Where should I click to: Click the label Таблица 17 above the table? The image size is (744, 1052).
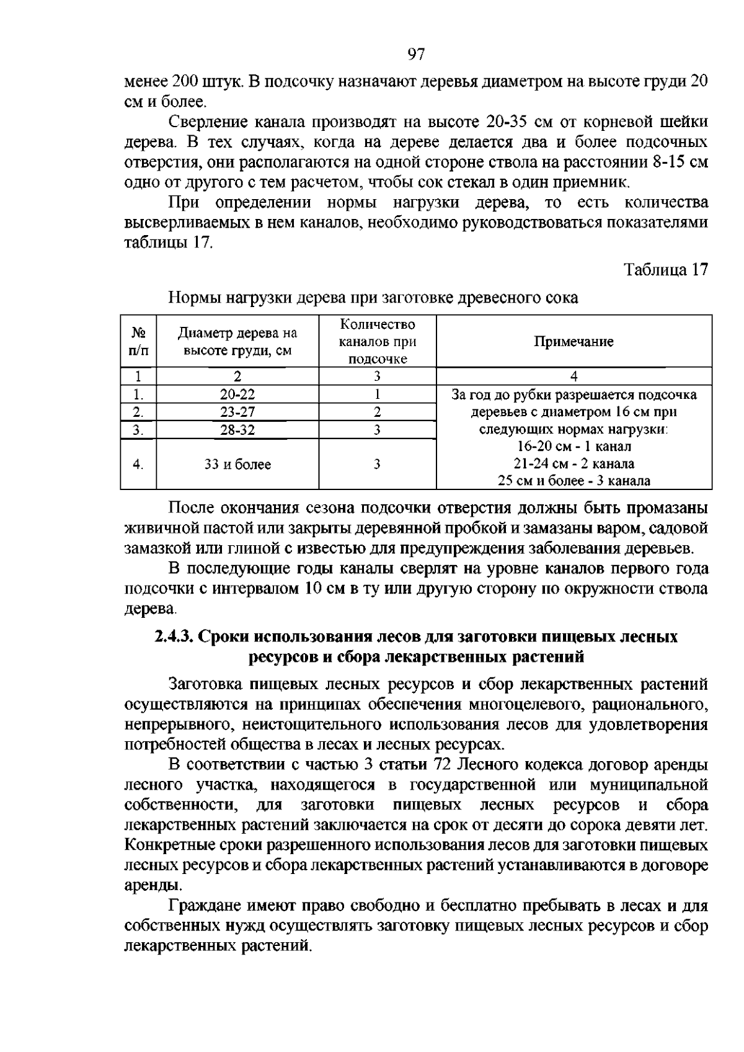click(x=665, y=270)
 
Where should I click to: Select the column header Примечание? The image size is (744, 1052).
click(x=573, y=342)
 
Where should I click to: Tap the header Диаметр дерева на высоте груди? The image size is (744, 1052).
click(x=237, y=342)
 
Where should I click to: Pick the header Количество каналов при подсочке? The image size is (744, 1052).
click(x=378, y=342)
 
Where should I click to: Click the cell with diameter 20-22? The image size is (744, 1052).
click(x=237, y=394)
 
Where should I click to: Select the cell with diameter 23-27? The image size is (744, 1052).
click(x=237, y=412)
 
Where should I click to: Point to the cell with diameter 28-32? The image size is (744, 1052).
click(x=237, y=430)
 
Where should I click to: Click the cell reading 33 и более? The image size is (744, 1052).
click(x=237, y=465)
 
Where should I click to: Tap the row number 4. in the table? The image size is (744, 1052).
click(x=138, y=465)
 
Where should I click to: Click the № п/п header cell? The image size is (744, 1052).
click(x=138, y=342)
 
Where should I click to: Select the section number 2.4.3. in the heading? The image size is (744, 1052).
click(x=175, y=637)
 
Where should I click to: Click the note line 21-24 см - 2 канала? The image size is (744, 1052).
click(x=573, y=463)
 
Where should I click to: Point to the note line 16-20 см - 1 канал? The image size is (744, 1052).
click(x=573, y=447)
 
